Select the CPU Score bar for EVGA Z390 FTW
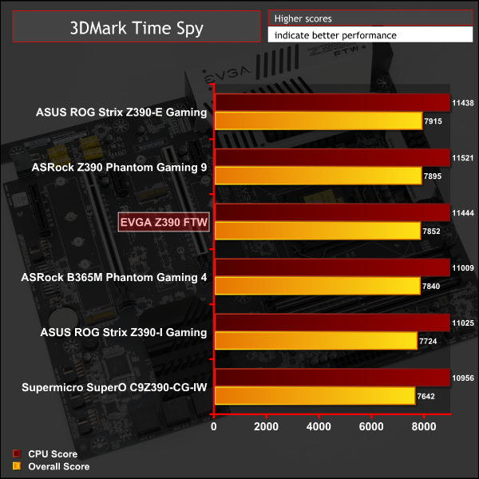[x=332, y=212]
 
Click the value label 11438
[x=463, y=103]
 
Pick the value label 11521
[x=463, y=158]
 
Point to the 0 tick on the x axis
[x=214, y=427]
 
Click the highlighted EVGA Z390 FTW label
[x=164, y=223]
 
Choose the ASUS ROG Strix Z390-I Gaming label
[x=122, y=332]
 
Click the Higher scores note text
[x=303, y=18]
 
